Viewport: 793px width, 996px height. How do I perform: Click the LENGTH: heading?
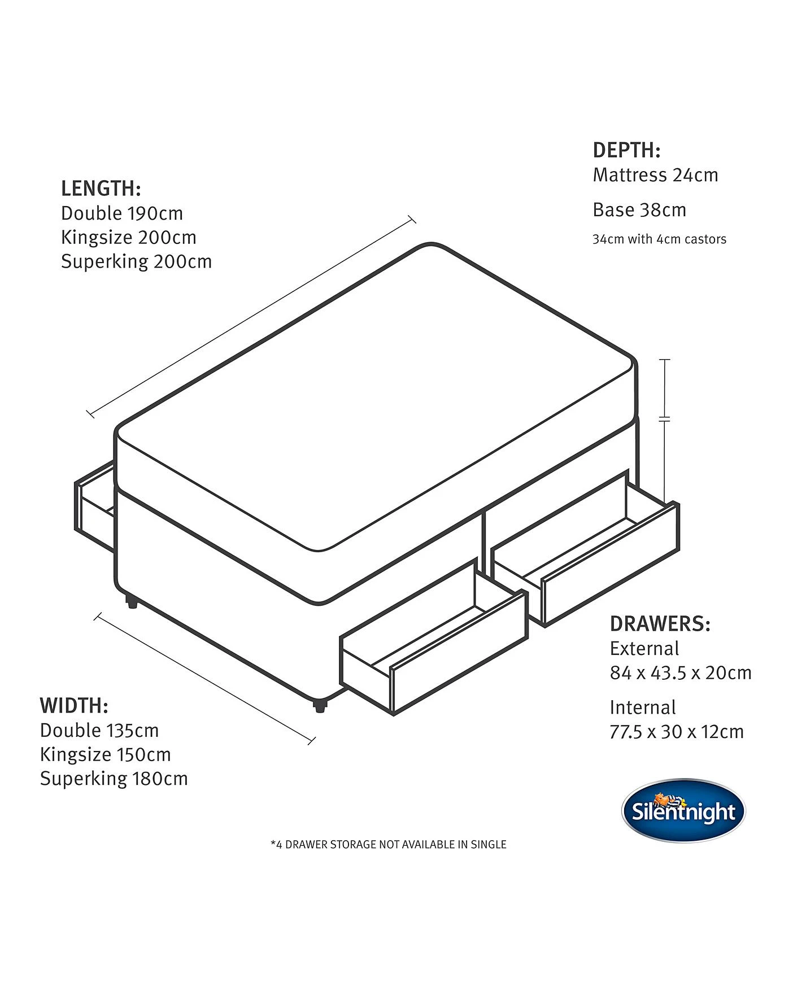click(101, 189)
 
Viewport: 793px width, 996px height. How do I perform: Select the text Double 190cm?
click(122, 213)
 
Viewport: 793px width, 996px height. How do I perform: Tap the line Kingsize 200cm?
click(129, 238)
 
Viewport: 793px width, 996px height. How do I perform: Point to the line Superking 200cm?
click(137, 262)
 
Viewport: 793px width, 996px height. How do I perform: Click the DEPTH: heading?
click(626, 150)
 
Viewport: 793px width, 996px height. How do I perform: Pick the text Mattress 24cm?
click(655, 175)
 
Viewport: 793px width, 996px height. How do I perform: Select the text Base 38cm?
click(639, 210)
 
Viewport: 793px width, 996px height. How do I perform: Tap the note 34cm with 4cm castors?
click(659, 239)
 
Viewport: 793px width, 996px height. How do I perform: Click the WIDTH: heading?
click(74, 706)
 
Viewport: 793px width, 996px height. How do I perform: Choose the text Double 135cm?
click(99, 731)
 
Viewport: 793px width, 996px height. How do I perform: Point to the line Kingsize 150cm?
click(106, 755)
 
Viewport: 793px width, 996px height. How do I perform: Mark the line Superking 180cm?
click(114, 779)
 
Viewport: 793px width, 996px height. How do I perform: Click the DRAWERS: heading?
click(660, 624)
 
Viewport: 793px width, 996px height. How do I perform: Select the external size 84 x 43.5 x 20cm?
click(681, 673)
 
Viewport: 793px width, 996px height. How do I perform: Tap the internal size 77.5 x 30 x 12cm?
click(677, 732)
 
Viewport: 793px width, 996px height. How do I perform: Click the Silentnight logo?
click(683, 811)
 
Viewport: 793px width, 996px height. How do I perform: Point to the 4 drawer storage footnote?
click(389, 845)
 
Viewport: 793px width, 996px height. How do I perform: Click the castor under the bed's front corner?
click(320, 705)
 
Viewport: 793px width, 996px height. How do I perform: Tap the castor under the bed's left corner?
click(132, 602)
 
